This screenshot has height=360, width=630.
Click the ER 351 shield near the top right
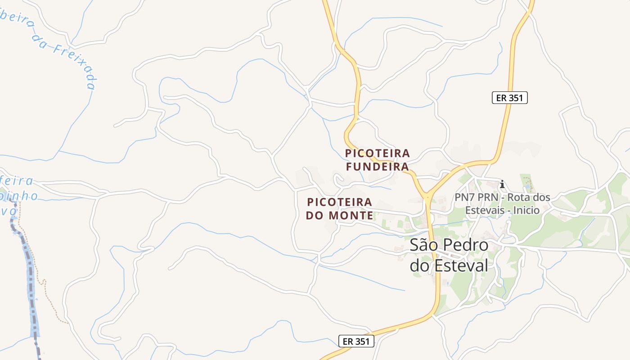[509, 98]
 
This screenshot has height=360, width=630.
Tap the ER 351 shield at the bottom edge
[356, 341]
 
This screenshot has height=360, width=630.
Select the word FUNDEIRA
[377, 167]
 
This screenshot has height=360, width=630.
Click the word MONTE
[351, 216]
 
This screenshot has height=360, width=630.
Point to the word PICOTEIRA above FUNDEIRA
[378, 153]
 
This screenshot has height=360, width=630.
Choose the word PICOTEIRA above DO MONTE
[339, 202]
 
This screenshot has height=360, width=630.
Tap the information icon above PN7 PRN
[502, 184]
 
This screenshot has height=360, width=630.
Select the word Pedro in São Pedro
[466, 245]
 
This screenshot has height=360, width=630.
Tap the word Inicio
[524, 210]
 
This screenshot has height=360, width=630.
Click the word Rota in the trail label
[522, 198]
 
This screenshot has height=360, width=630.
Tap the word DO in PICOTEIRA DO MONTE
[315, 216]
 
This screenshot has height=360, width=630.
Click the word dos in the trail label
[542, 198]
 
